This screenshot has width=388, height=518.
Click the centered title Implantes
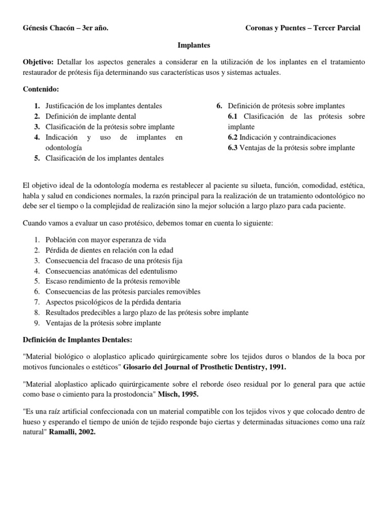point(193,45)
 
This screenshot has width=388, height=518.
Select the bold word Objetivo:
point(38,62)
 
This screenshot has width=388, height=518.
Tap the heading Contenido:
point(41,89)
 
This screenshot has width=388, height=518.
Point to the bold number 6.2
point(233,137)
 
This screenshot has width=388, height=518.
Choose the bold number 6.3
point(233,148)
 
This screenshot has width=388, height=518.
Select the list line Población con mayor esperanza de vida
point(106,239)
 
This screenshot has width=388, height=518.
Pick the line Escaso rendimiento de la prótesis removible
point(113,281)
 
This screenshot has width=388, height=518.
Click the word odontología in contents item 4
point(64,147)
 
